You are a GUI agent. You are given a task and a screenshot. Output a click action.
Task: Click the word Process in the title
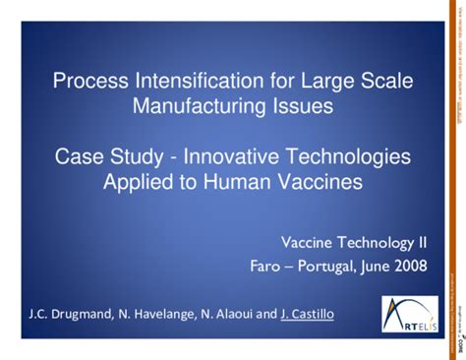pos(86,80)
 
